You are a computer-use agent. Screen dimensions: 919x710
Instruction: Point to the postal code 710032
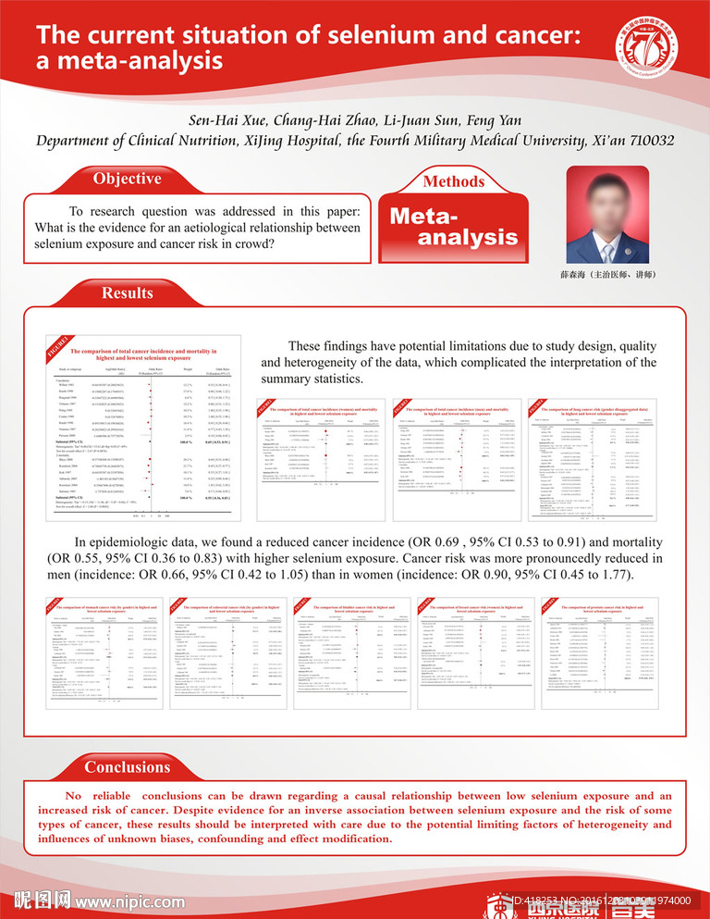[x=645, y=141]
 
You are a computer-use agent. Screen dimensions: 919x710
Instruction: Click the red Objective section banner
[x=129, y=179]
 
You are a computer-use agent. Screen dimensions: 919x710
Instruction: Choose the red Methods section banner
[x=452, y=181]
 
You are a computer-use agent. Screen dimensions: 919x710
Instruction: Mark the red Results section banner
[x=128, y=293]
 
